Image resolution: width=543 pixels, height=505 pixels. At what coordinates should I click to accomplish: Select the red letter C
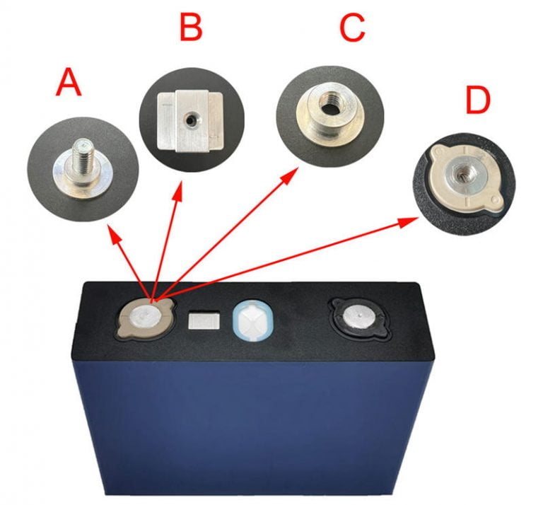[351, 28]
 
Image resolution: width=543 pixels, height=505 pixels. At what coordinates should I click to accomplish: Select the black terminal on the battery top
[357, 316]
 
